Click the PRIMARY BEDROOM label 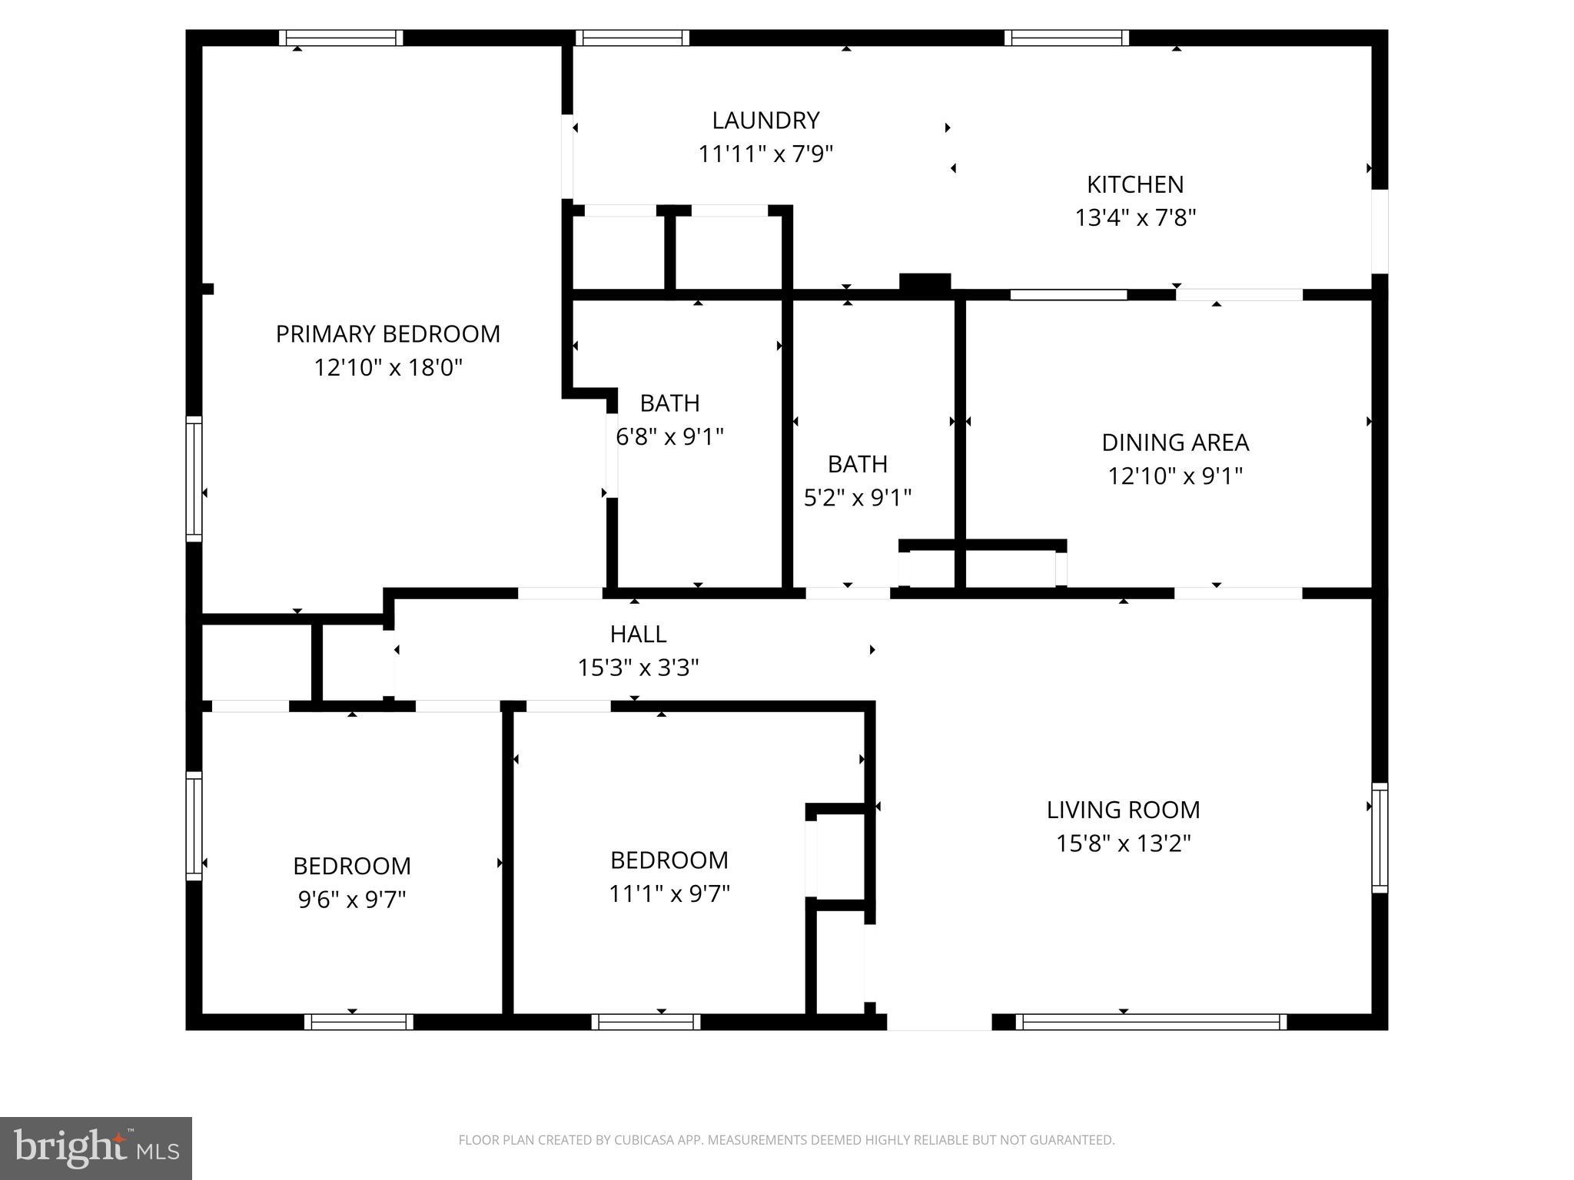click(x=387, y=334)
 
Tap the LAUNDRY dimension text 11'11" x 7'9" click(x=765, y=154)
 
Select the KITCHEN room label click(x=1134, y=184)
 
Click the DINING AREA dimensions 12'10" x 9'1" click(x=1174, y=476)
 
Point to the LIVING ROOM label click(x=1123, y=810)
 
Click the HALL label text click(x=638, y=634)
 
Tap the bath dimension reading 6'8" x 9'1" click(x=669, y=437)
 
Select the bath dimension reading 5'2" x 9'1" click(x=857, y=498)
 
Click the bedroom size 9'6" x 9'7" click(x=352, y=900)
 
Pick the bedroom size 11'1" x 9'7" click(x=669, y=893)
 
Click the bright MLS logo click(x=96, y=1149)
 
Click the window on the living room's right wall click(x=1380, y=837)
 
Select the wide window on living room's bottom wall click(x=1151, y=1022)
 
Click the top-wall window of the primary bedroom click(x=340, y=38)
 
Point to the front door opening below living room click(x=939, y=1022)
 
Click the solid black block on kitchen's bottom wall click(x=925, y=282)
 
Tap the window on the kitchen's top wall click(x=1066, y=38)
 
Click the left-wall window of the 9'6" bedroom click(x=194, y=826)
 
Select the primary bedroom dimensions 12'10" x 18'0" click(x=387, y=368)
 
